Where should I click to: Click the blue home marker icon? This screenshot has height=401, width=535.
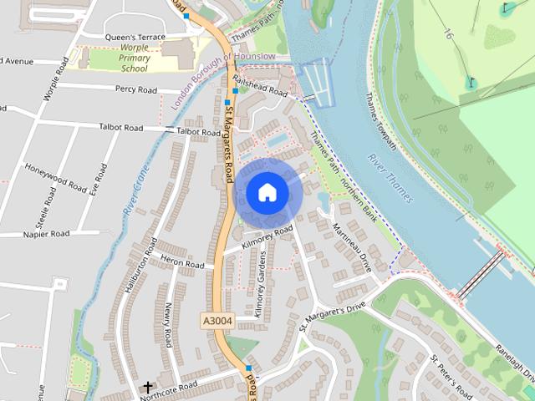(267, 193)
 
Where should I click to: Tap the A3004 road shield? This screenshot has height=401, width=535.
(217, 321)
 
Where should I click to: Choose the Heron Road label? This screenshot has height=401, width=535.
(182, 263)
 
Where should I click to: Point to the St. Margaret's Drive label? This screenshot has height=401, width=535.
(332, 317)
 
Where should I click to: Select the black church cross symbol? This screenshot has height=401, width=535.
(148, 388)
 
